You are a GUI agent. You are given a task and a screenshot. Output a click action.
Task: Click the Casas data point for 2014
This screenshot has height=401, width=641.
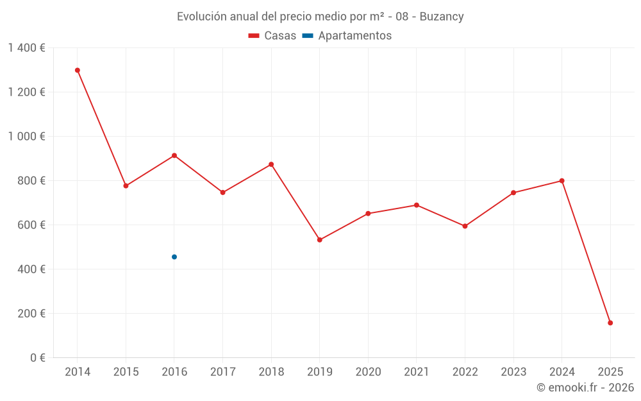pos(78,70)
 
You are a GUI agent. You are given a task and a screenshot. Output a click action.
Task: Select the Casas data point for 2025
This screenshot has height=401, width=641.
pos(610,323)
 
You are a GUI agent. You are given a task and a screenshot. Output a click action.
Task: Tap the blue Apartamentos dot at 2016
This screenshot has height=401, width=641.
pos(174,257)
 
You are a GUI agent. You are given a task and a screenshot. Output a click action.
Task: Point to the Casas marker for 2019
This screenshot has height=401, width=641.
pos(320,240)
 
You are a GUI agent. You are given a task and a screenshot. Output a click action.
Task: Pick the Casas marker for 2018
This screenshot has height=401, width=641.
pos(271,164)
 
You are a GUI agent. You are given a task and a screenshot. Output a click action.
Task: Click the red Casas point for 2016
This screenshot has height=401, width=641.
pos(174,155)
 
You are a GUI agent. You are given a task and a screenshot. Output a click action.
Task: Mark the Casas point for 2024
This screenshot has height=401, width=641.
pos(562,181)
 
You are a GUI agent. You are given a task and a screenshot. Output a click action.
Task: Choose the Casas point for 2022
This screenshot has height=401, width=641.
pos(465,226)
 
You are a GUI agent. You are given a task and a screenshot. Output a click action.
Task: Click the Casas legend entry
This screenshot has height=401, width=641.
pos(272,36)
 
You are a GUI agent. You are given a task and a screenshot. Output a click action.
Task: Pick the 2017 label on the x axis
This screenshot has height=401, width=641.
pos(222,372)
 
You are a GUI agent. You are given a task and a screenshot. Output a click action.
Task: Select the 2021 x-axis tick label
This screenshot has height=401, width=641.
pos(417,372)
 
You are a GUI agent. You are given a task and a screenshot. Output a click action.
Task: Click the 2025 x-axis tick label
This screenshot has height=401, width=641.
pos(610,372)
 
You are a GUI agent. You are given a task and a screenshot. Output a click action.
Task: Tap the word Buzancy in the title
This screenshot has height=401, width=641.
pos(442,17)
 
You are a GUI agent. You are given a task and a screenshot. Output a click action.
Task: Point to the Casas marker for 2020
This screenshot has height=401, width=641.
pos(368,214)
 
